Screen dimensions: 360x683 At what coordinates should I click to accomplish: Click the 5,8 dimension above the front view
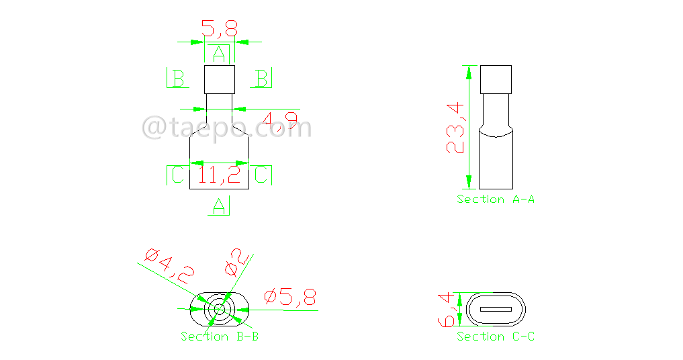point(220,29)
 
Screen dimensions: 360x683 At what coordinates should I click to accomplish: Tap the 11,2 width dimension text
point(220,176)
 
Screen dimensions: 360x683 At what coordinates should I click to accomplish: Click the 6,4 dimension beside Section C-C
point(448,310)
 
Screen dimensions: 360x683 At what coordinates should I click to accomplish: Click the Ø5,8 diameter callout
point(291,297)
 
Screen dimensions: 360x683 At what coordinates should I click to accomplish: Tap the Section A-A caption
point(496,199)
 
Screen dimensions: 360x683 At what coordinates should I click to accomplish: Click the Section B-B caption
point(219,336)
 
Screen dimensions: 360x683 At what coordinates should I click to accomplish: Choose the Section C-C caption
point(496,336)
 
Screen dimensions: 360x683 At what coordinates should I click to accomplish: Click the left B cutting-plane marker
point(176,79)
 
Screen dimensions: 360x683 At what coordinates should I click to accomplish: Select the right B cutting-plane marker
point(261,79)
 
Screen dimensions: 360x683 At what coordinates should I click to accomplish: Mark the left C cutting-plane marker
point(176,175)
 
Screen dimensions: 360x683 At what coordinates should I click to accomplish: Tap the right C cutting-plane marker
point(263,175)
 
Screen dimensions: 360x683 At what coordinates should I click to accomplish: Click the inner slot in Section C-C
point(496,310)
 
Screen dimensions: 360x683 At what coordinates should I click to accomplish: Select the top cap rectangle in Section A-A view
point(496,79)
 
